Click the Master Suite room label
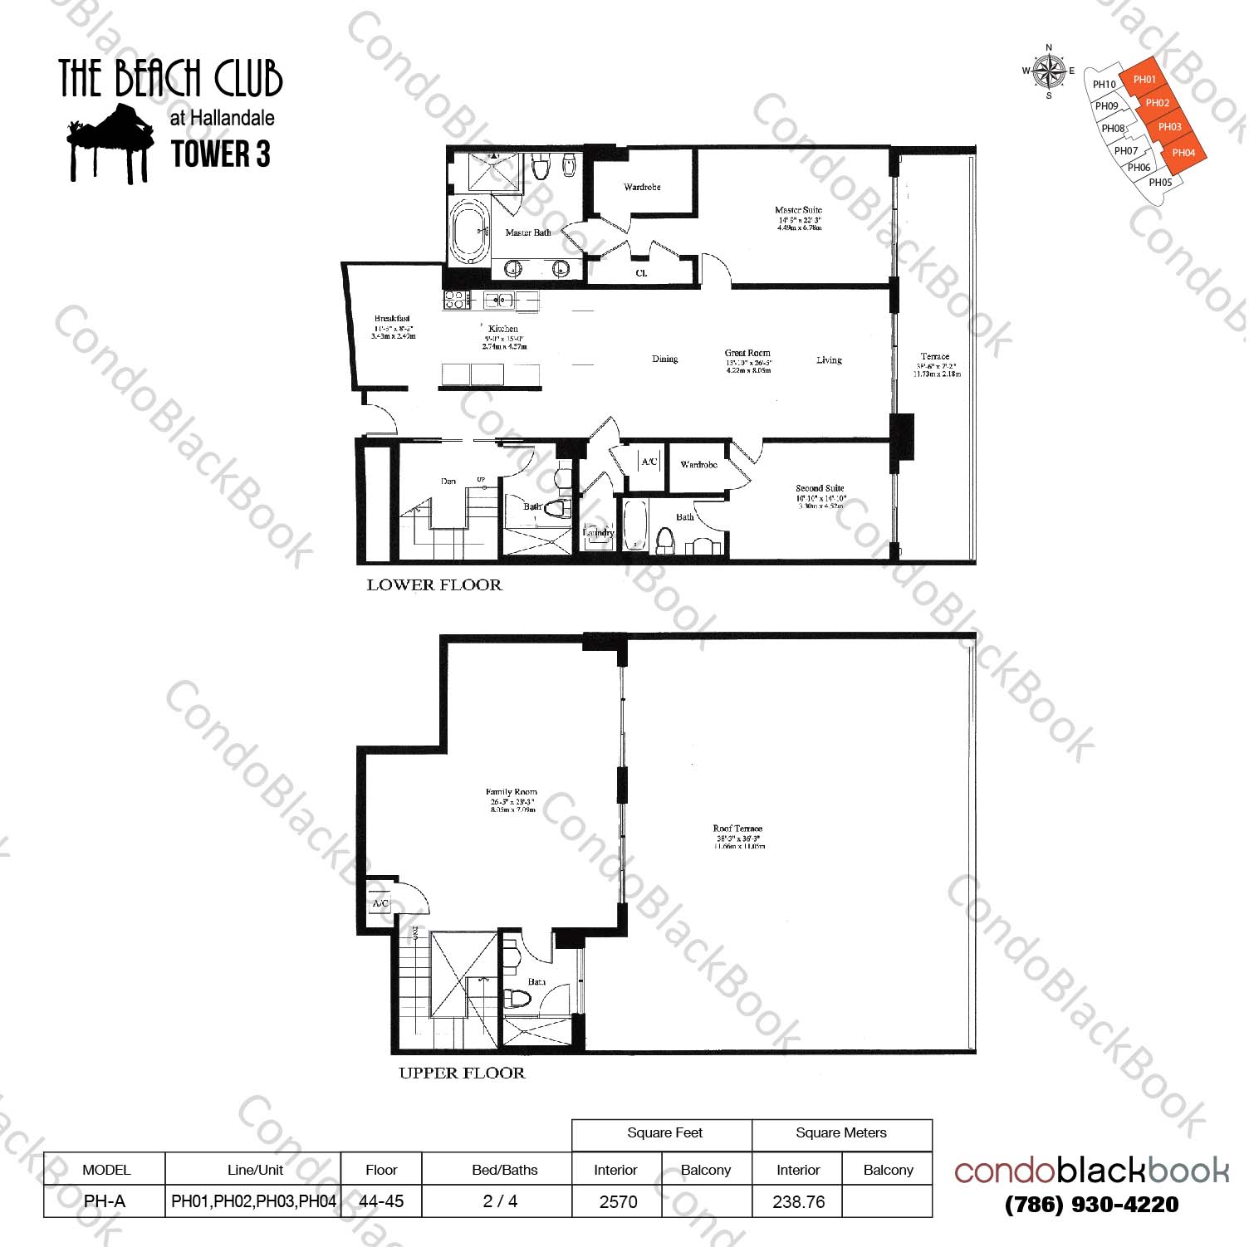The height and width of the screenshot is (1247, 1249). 798,210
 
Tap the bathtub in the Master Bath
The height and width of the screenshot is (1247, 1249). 470,231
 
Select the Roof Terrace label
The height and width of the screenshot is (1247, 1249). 737,829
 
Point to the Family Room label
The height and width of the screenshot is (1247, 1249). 511,792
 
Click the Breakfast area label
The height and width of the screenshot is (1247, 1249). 392,319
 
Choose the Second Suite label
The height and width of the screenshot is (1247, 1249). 820,488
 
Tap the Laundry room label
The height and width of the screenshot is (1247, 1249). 598,532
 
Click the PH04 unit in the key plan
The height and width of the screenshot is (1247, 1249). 1183,153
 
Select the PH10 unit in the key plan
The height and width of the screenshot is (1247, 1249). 1105,85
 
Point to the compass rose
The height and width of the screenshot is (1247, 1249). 1050,71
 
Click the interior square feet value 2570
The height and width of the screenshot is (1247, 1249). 618,1201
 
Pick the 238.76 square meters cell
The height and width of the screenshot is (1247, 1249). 798,1201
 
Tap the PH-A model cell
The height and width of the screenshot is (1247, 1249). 105,1201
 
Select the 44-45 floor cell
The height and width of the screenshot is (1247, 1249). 381,1201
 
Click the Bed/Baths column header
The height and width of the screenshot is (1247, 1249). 504,1170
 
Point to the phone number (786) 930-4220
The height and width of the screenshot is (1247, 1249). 1091,1205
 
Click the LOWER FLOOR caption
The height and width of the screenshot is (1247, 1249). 434,584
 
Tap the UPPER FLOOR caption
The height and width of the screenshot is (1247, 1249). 462,1073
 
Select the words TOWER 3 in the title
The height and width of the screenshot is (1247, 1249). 220,154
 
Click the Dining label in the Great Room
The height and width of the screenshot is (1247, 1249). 664,359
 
